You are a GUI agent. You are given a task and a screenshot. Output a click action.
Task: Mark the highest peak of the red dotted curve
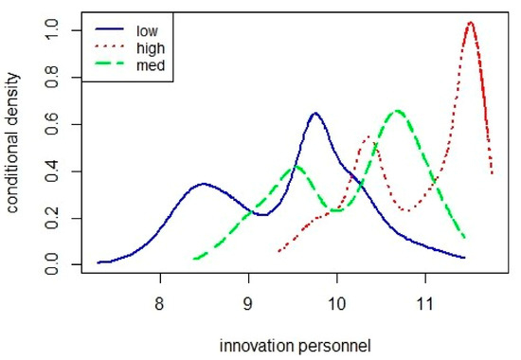point(470,22)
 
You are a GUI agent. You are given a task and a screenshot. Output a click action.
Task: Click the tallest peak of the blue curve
point(314,114)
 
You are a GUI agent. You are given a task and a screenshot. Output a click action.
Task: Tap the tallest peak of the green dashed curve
point(398,111)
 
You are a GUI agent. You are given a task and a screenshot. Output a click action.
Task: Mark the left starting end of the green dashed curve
point(194,258)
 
